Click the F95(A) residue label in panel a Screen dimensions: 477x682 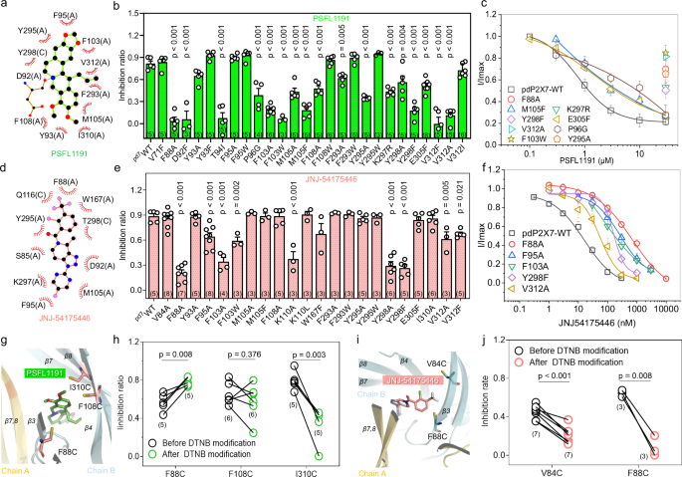point(67,17)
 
